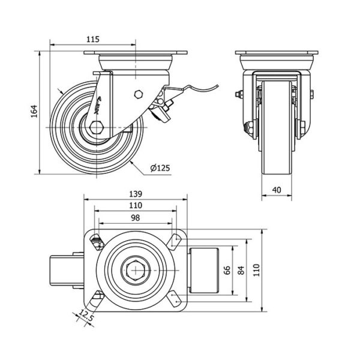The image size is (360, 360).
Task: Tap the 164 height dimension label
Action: click(35, 112)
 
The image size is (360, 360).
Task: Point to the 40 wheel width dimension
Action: click(277, 190)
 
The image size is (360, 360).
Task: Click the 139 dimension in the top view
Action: click(135, 194)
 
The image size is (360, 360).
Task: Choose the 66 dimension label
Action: click(226, 271)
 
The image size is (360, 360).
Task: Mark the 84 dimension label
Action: click(241, 271)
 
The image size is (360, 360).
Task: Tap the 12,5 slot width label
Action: click(87, 316)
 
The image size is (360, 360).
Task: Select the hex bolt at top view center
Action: click(135, 270)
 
